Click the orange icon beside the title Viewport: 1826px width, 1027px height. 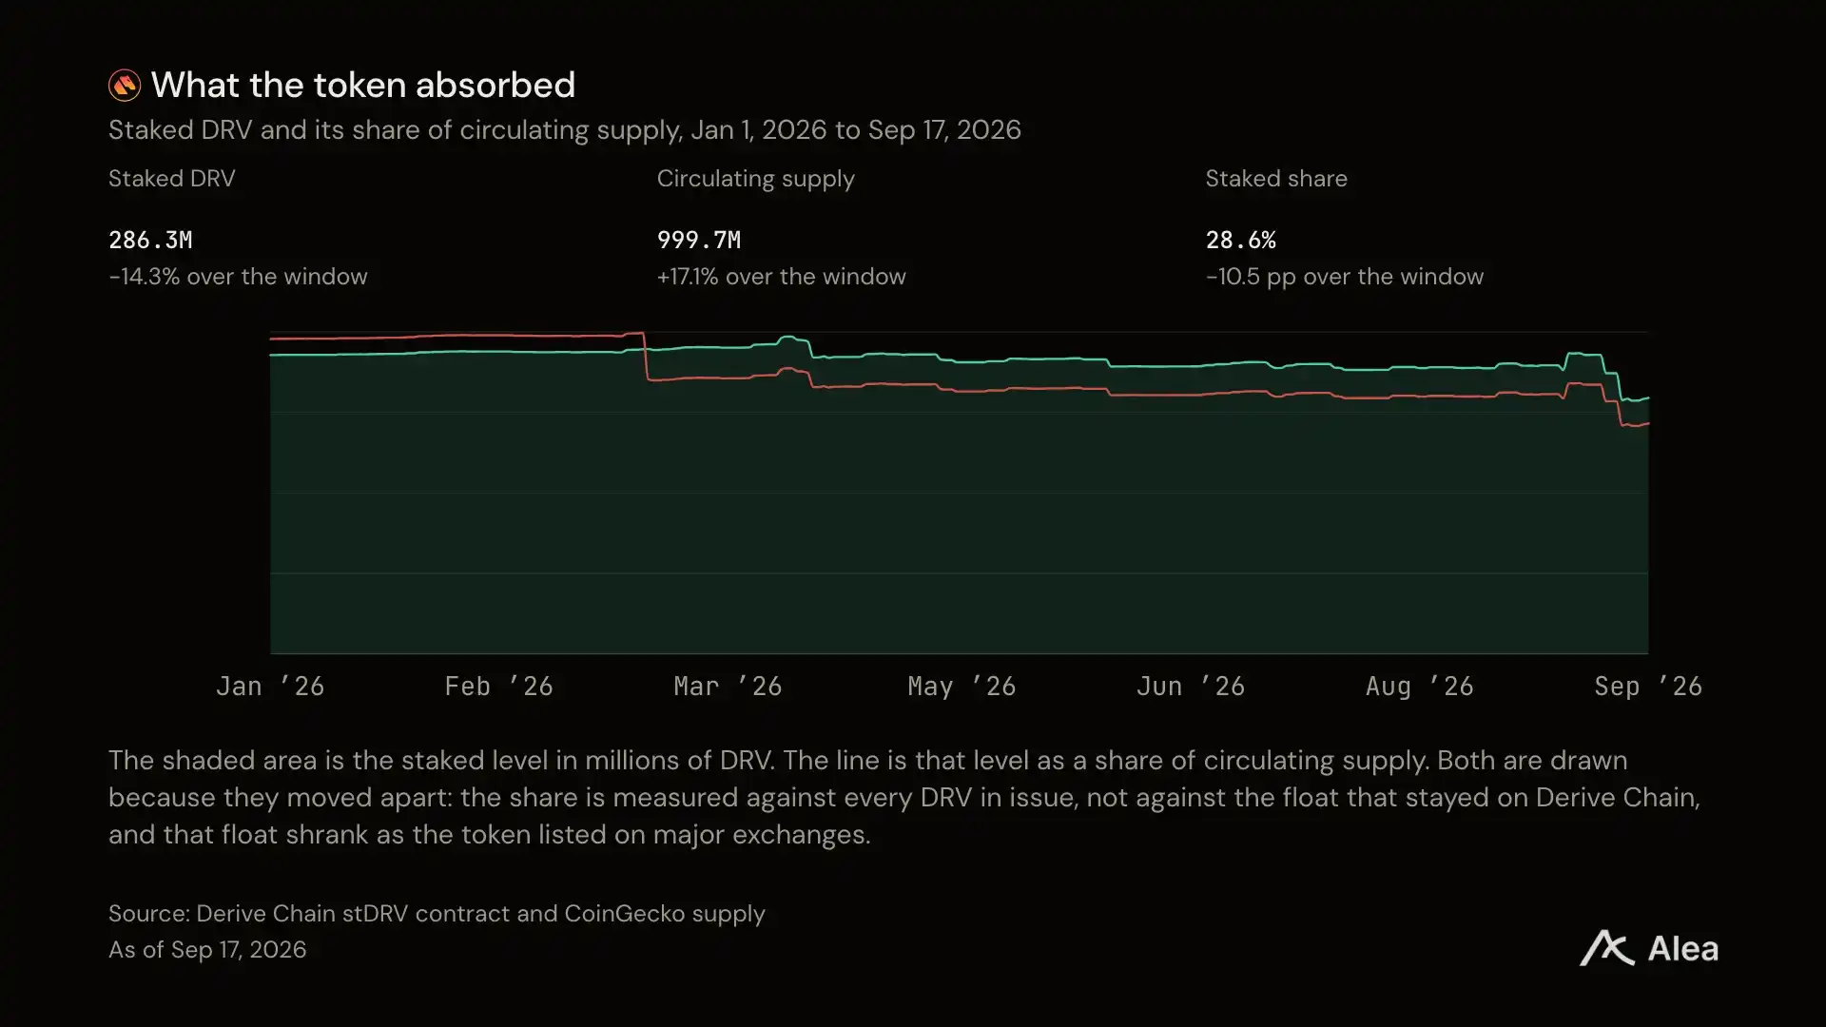click(125, 86)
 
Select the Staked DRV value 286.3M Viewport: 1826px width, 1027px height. click(150, 240)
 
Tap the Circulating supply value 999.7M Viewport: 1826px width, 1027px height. click(699, 240)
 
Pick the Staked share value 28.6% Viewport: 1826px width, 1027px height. click(1241, 240)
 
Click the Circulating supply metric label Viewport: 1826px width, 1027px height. click(756, 179)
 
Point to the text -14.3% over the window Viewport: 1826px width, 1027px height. click(238, 277)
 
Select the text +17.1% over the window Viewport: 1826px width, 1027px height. click(782, 277)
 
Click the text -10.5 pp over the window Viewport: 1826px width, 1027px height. click(1345, 277)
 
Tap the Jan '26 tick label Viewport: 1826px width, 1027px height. click(270, 687)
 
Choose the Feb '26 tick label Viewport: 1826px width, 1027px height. click(499, 687)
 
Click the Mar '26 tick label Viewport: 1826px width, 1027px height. click(728, 687)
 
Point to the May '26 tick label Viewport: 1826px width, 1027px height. click(962, 687)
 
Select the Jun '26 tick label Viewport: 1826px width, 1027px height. click(1191, 687)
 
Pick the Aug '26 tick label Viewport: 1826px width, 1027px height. click(1420, 687)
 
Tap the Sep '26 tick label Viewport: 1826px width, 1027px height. click(1648, 687)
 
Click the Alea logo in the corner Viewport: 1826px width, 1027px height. click(1649, 948)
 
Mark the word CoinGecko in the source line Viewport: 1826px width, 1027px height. click(625, 914)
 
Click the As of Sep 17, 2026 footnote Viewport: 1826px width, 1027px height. click(207, 950)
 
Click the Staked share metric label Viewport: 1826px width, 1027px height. click(1276, 179)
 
